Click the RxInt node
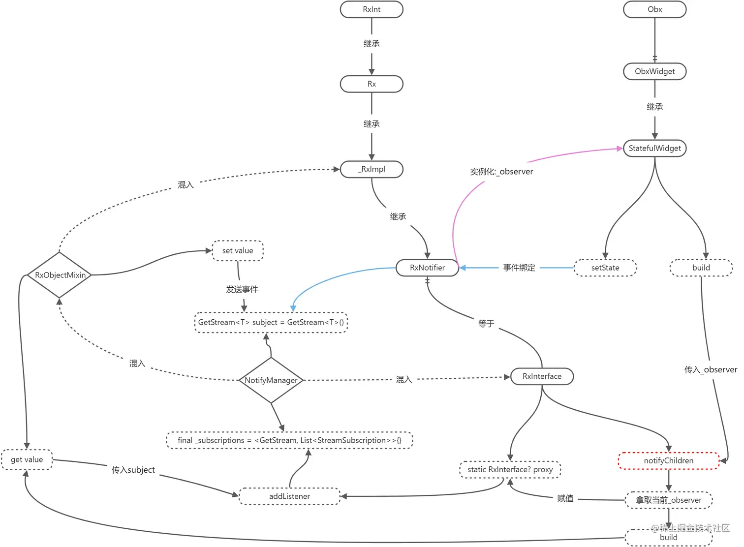pos(372,9)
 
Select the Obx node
pos(654,9)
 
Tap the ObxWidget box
pos(654,71)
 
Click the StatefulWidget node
pos(654,148)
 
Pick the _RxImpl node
pos(372,169)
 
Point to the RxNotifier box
pos(427,268)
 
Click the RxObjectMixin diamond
pos(60,275)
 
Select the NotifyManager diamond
pos(271,380)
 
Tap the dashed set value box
pos(238,251)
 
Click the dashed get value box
pos(27,459)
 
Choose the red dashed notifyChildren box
pos(668,461)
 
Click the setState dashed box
pos(605,268)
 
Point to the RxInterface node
pos(542,376)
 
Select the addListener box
pos(289,496)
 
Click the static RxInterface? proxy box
pos(510,470)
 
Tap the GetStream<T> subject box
pos(271,323)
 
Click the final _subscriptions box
pos(289,440)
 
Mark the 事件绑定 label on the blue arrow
pos(519,268)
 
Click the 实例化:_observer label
pos(501,172)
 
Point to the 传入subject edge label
pos(133,470)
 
